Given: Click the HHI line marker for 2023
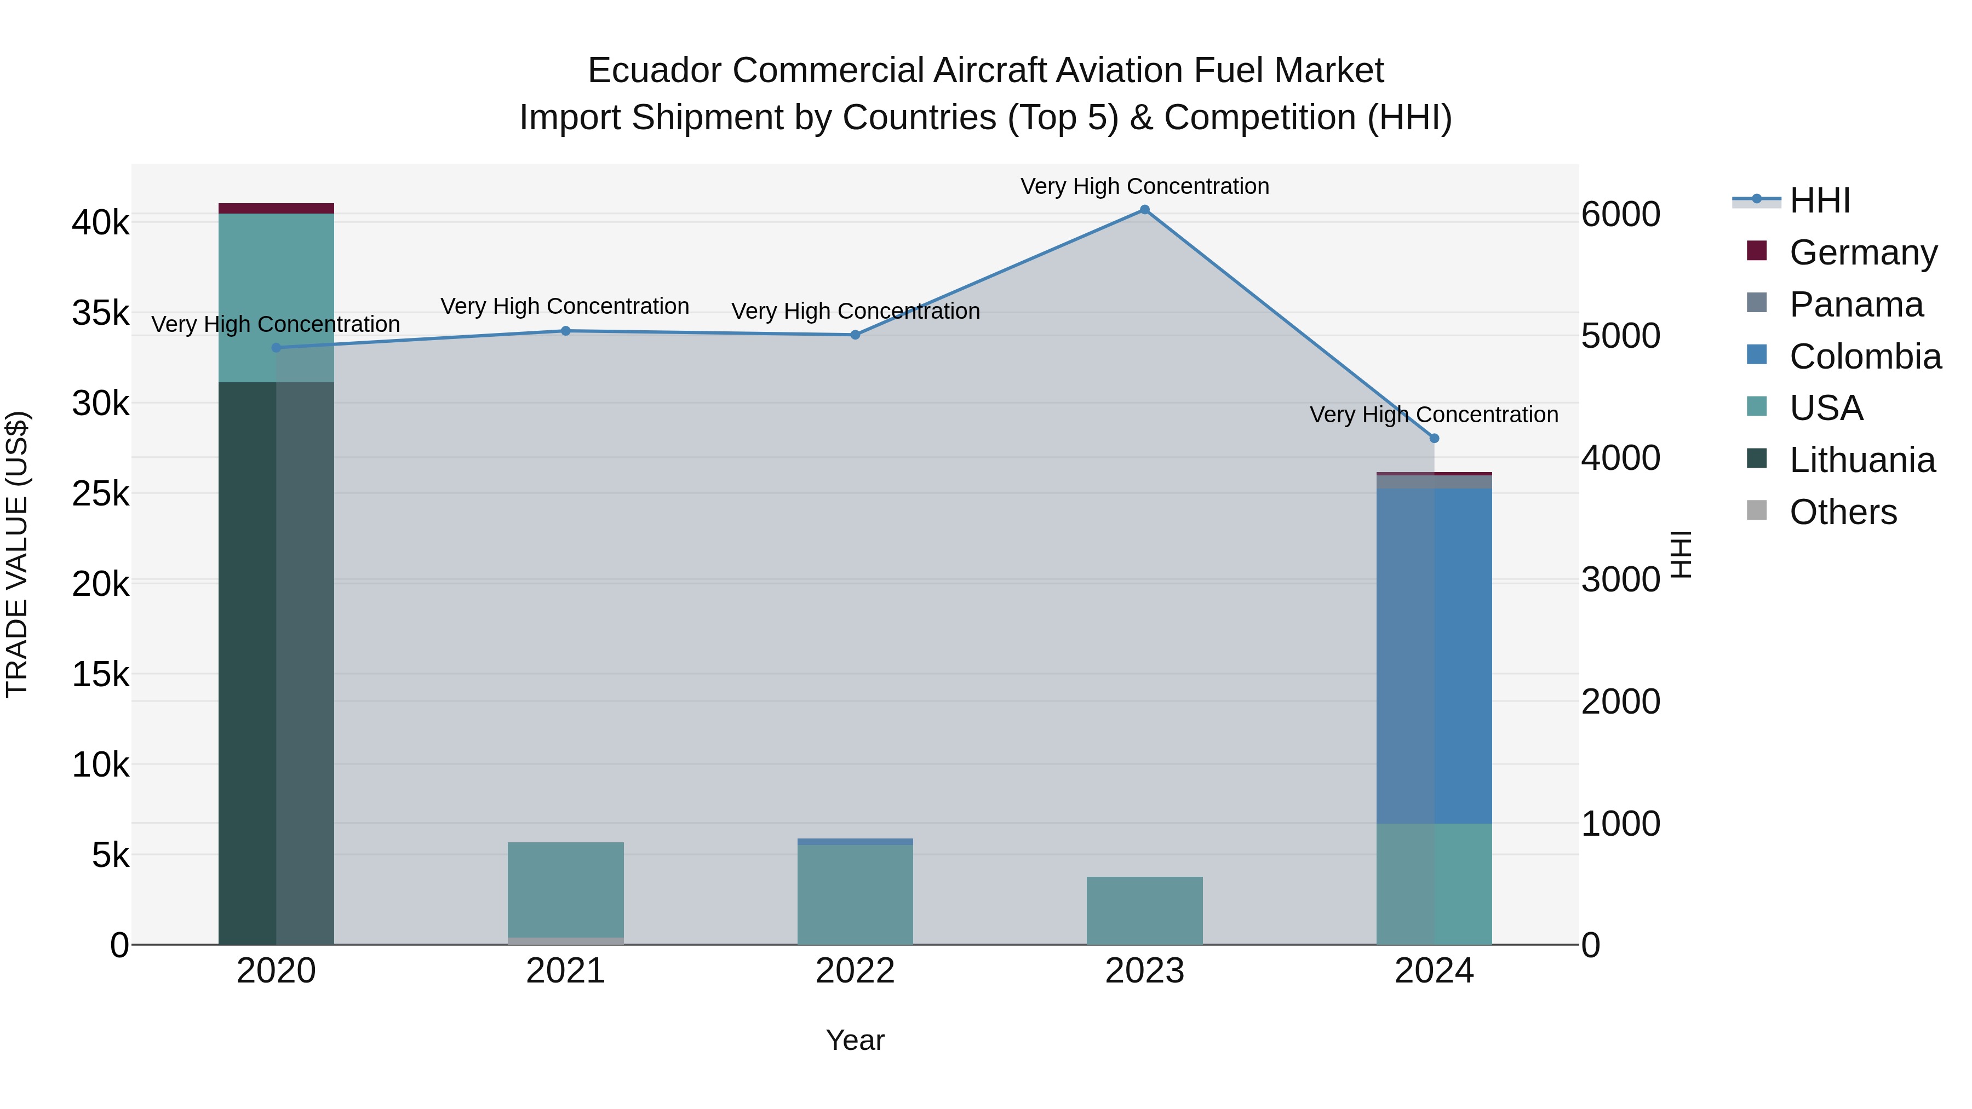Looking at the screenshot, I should pos(1144,210).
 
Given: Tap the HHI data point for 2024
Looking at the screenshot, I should pos(1434,439).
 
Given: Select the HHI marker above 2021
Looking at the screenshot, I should pos(566,331).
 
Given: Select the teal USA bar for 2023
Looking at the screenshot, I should pos(1144,911).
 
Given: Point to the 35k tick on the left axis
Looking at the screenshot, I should pos(100,313).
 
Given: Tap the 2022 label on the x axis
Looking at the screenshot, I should pos(855,971).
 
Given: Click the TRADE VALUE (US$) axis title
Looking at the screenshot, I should pos(17,554).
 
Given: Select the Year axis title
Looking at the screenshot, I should pos(855,1040).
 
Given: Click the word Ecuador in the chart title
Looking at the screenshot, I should pos(653,71).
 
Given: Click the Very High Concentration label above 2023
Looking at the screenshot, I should pos(1144,186).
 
